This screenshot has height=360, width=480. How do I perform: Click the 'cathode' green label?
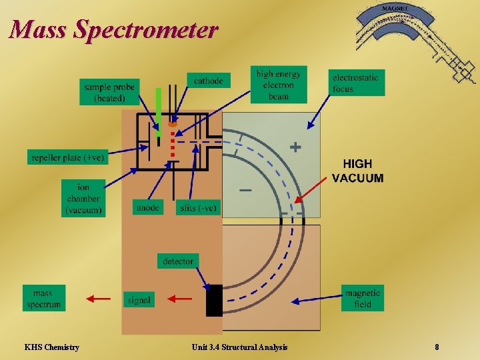click(x=208, y=81)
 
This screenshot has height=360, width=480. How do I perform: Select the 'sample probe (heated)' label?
click(x=109, y=93)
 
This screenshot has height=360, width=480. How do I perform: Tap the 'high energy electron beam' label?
click(x=279, y=85)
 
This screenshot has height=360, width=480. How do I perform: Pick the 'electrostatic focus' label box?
click(x=356, y=83)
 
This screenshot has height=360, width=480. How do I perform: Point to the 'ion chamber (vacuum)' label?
click(x=83, y=199)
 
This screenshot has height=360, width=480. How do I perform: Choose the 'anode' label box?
click(x=147, y=208)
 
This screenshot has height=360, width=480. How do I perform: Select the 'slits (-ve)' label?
click(x=198, y=208)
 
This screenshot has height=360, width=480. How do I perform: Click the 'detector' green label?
click(x=178, y=261)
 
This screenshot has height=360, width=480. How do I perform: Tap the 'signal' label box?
click(x=139, y=300)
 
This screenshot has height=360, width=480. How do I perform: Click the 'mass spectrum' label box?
click(x=44, y=299)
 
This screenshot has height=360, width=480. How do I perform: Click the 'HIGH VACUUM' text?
click(x=358, y=171)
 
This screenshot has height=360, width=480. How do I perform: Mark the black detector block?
click(x=214, y=300)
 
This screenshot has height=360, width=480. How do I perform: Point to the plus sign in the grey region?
click(x=295, y=147)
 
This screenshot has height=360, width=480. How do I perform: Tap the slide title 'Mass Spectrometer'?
click(x=113, y=30)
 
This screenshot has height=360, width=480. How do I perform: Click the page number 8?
click(x=437, y=347)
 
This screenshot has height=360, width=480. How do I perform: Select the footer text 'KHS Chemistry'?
click(x=51, y=347)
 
